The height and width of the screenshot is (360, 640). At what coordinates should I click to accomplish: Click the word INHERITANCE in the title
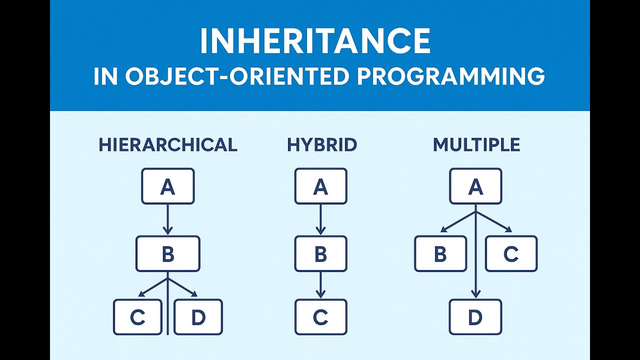315,41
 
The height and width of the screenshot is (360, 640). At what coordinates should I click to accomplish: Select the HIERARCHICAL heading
167,145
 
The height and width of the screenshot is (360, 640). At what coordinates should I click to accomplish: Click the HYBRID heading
321,145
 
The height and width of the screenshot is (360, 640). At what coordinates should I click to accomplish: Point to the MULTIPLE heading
476,145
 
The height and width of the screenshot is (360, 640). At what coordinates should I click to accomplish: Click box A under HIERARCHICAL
167,186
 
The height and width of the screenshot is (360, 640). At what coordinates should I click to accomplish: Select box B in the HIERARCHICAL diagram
167,254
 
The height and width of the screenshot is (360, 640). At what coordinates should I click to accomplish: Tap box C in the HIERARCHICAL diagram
137,317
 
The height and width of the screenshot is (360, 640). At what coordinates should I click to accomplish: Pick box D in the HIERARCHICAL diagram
198,317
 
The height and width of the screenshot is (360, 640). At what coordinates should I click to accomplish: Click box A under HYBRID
320,186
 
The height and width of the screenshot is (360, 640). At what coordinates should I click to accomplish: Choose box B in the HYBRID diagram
320,254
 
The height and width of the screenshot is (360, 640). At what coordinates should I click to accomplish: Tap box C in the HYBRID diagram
320,317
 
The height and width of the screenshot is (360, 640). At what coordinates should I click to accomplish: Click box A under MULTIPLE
475,186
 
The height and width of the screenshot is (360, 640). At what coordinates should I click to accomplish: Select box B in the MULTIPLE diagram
440,254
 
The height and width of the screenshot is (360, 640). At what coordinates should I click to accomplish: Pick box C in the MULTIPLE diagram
511,254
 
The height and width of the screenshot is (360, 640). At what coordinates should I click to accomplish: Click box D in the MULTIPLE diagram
475,317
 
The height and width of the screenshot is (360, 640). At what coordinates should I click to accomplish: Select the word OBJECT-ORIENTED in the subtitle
230,77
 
